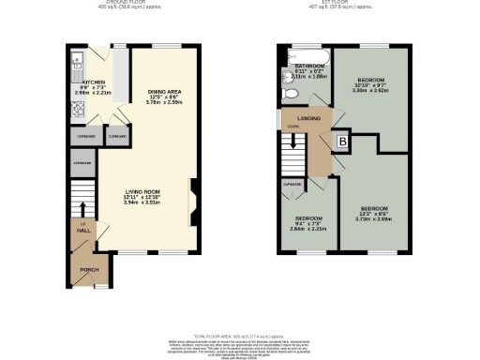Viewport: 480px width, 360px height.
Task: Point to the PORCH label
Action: [89, 269]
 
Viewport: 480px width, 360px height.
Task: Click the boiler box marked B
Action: [342, 142]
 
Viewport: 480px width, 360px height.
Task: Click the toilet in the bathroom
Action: [291, 95]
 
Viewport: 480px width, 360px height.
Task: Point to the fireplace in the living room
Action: [192, 199]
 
